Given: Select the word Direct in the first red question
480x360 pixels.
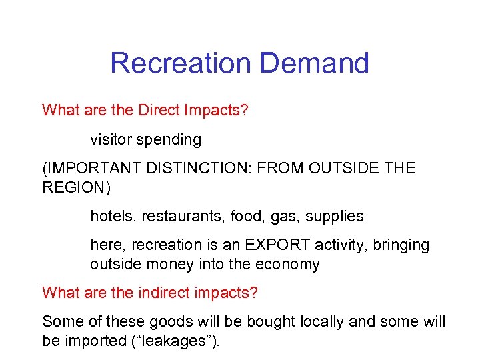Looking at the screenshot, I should (x=158, y=110).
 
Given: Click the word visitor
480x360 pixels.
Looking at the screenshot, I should (x=111, y=140).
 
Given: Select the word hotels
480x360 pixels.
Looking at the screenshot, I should (x=110, y=216).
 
